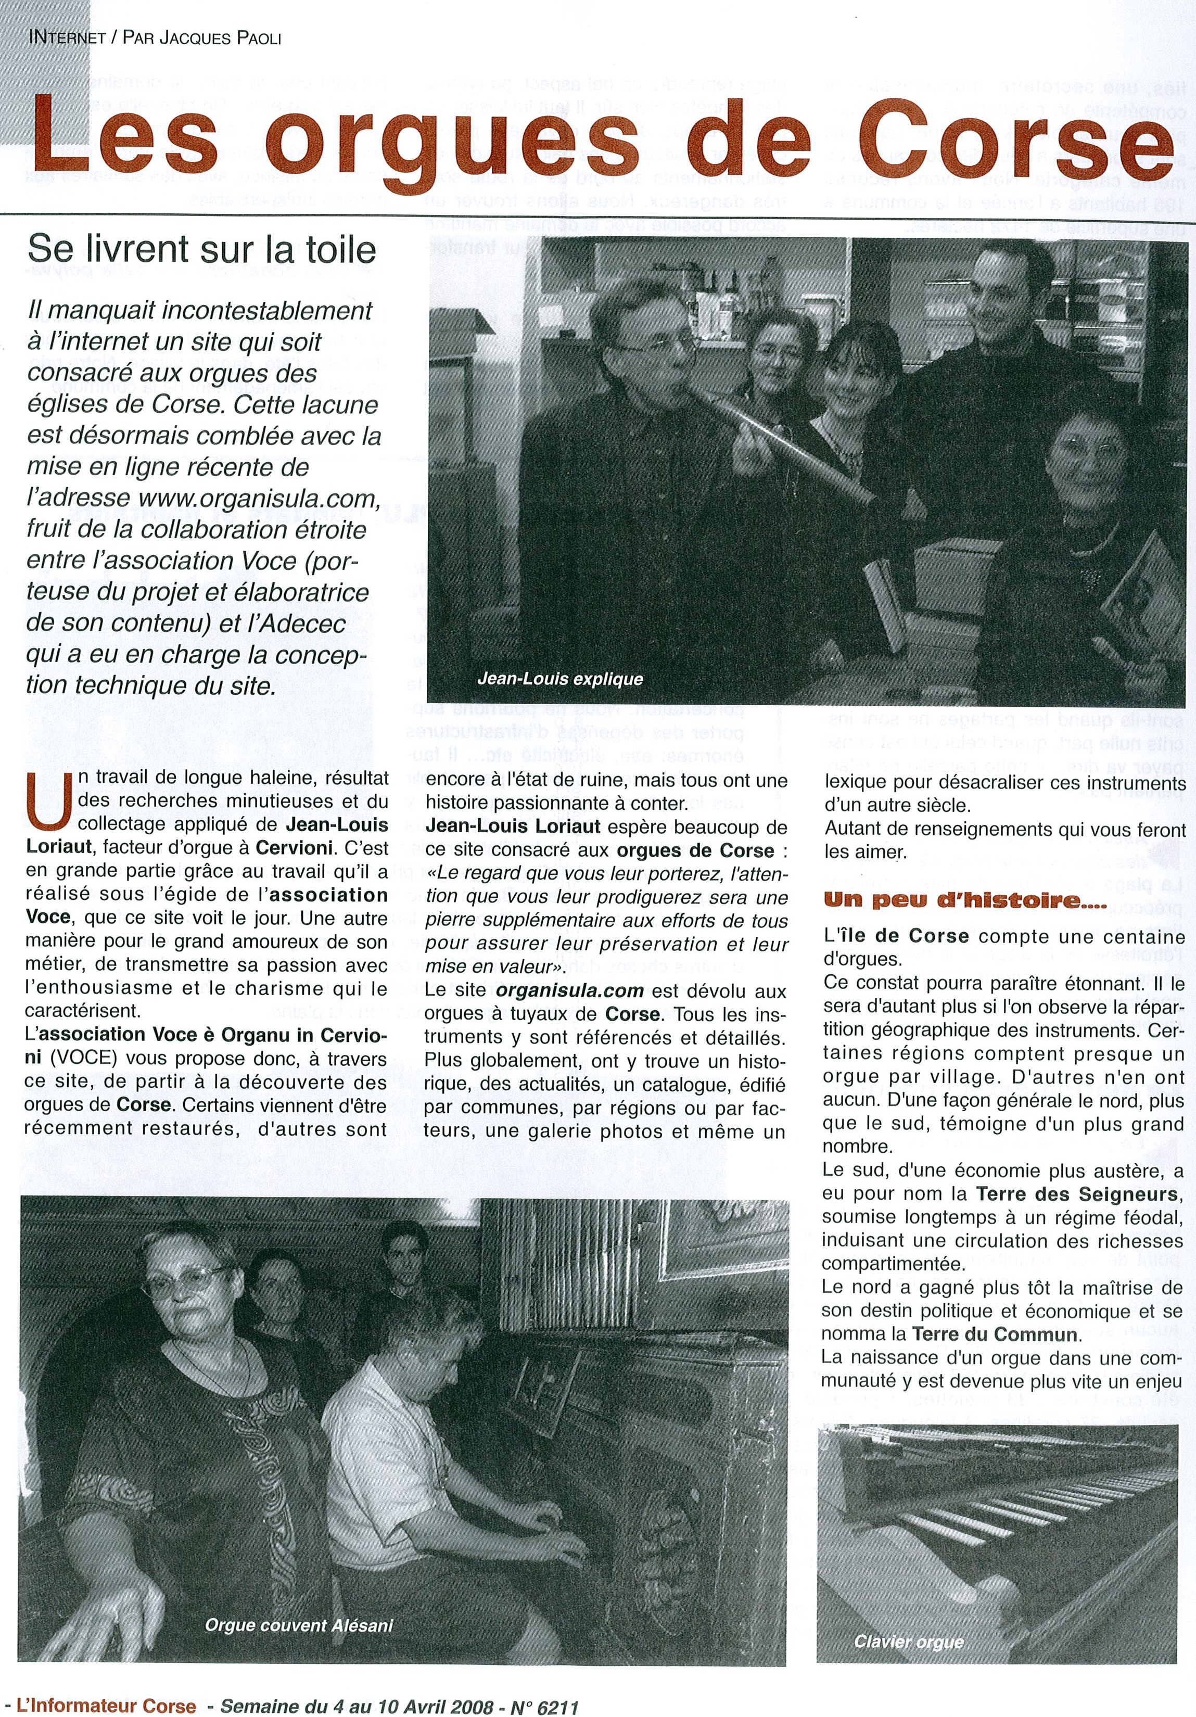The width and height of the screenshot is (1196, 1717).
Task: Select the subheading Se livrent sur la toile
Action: (201, 248)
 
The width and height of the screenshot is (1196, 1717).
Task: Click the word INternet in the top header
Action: (67, 38)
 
